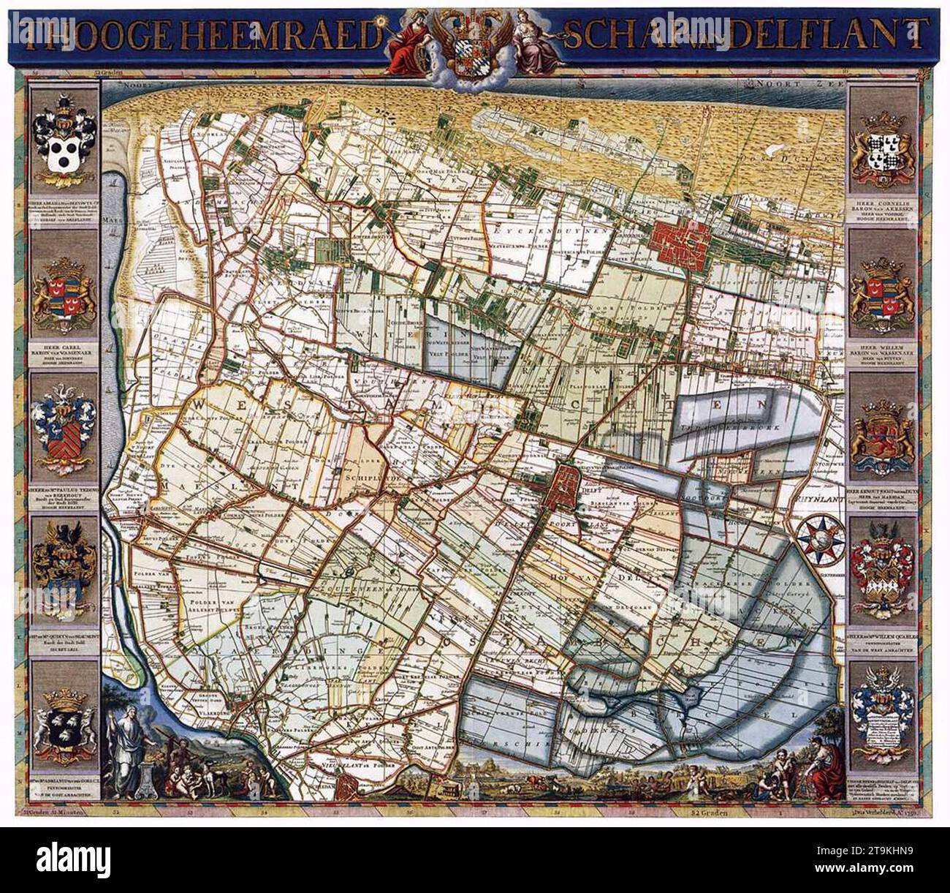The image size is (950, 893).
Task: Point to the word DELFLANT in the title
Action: tap(844, 31)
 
